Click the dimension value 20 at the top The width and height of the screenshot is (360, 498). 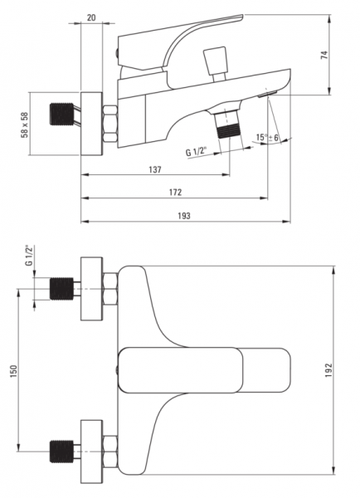[91, 17]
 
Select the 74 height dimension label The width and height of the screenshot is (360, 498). [324, 55]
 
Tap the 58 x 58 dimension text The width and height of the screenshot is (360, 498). [25, 124]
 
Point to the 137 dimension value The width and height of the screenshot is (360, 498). [155, 169]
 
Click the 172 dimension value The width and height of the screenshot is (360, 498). [176, 193]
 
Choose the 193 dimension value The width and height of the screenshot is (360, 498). [184, 216]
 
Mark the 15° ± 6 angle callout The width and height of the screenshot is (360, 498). [267, 138]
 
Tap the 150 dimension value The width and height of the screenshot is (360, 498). [13, 371]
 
